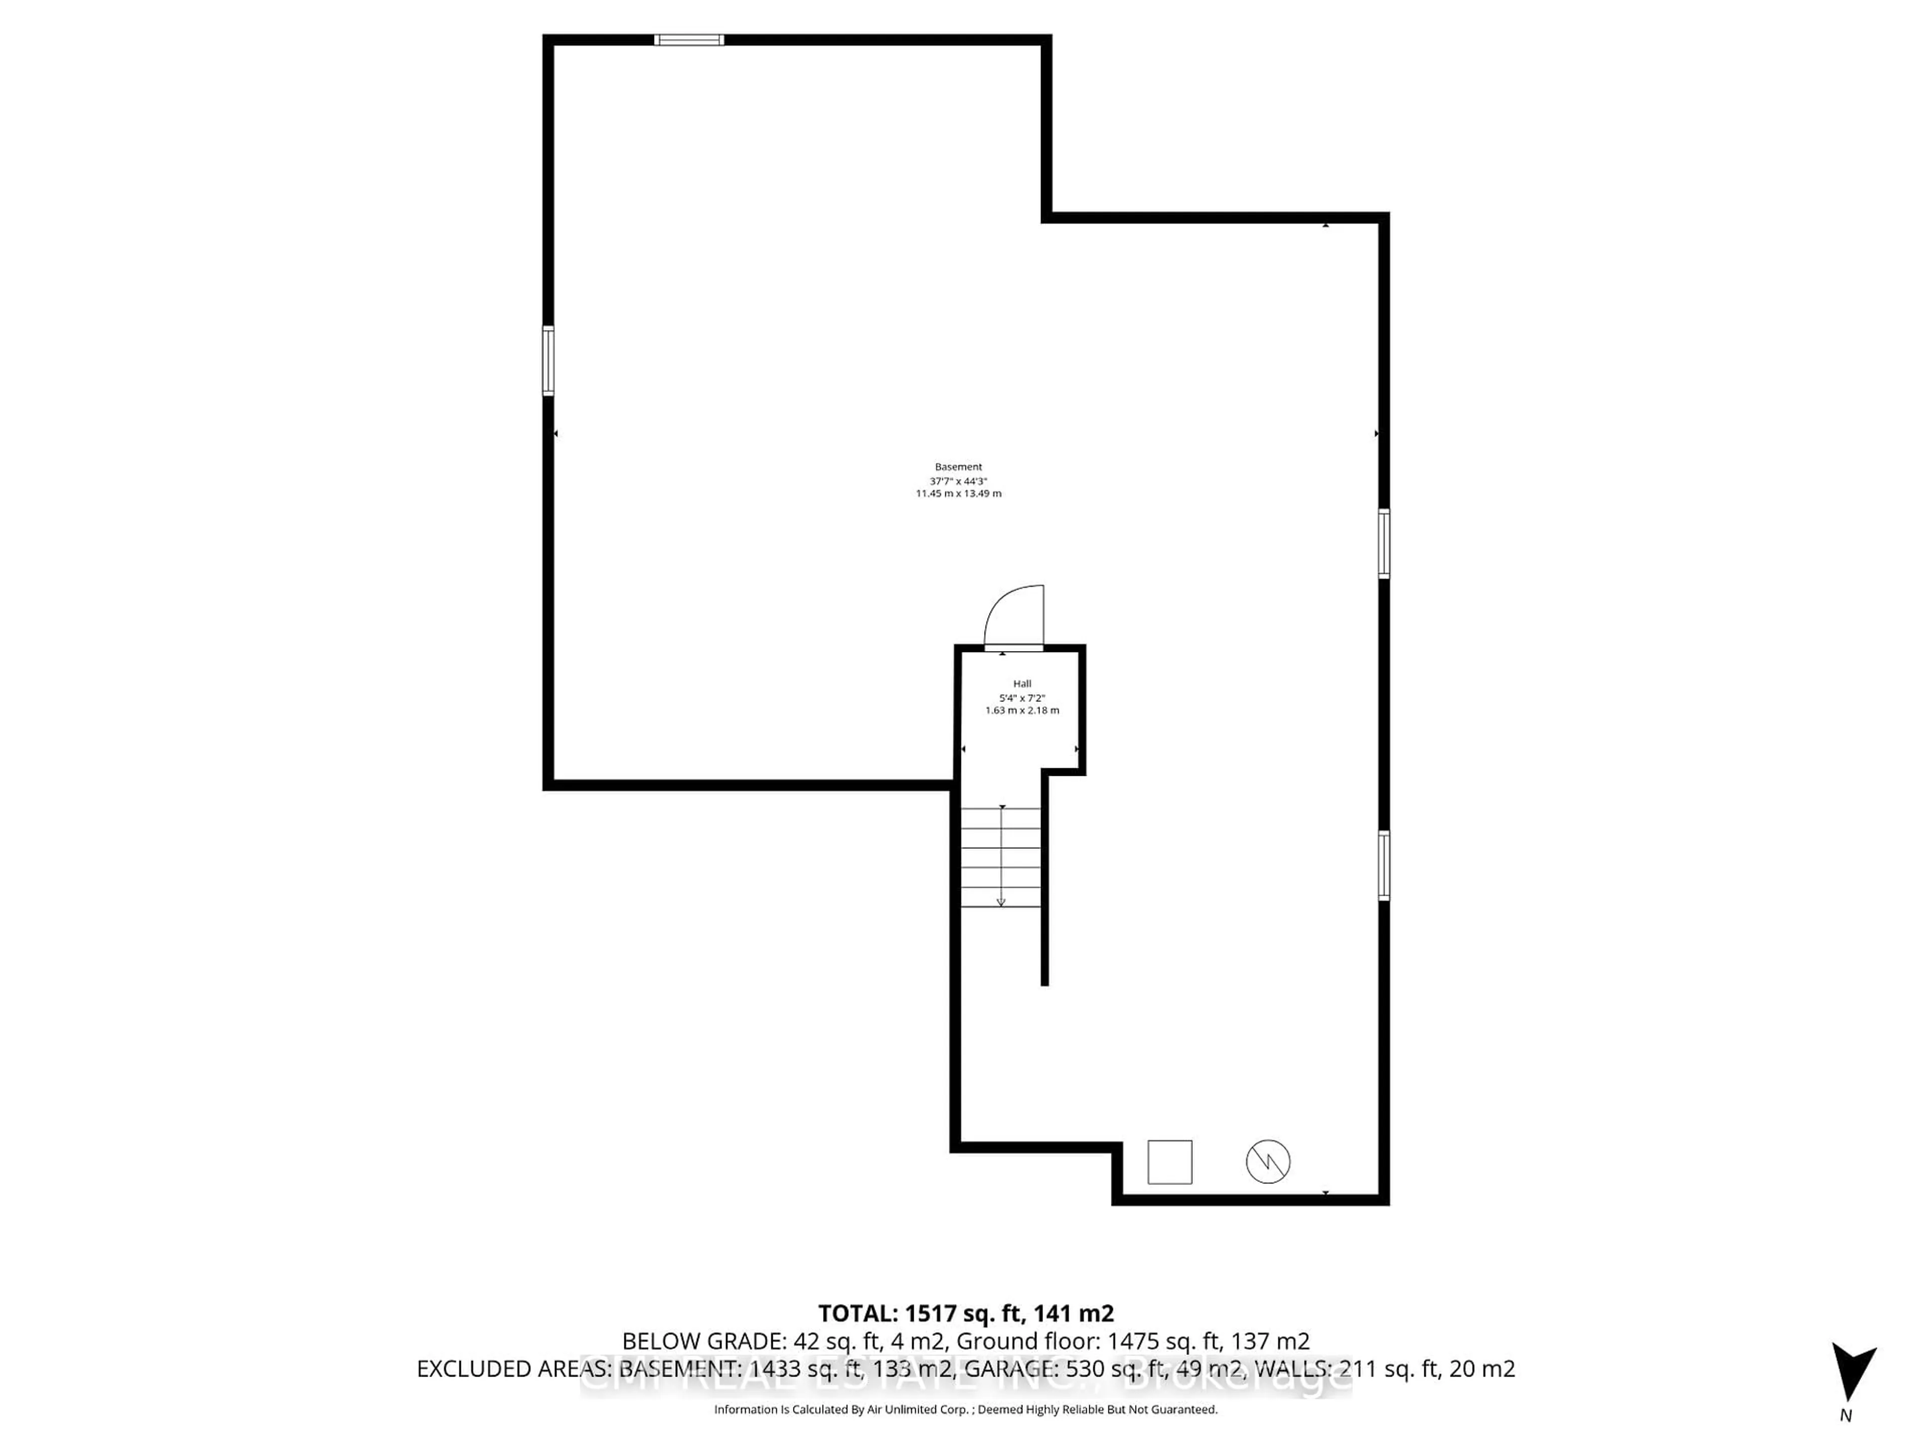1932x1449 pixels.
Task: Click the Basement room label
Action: click(x=958, y=467)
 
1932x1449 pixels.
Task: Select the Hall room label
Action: click(x=1022, y=684)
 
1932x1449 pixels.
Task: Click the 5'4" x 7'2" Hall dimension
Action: click(x=1022, y=698)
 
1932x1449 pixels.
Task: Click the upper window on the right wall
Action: click(x=1384, y=543)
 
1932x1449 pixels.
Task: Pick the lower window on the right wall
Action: click(x=1384, y=865)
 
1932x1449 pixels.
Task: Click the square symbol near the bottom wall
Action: click(x=1169, y=1162)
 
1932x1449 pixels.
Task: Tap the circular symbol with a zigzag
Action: click(x=1267, y=1162)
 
